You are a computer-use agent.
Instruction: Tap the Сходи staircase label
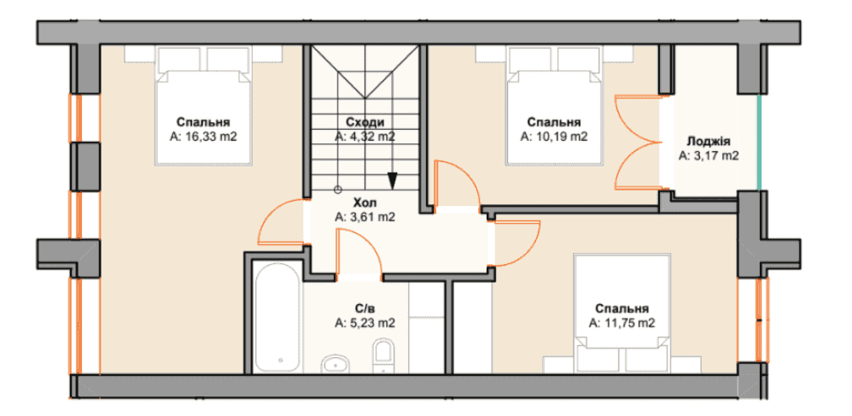365,122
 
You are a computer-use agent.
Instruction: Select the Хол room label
365,203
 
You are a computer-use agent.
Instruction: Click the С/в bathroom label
365,309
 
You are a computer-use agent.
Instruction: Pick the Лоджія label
709,142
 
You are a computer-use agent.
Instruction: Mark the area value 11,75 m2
621,323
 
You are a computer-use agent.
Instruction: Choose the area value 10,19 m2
554,136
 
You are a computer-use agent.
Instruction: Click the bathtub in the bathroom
277,317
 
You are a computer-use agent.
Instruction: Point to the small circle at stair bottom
337,190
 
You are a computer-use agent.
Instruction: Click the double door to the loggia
639,142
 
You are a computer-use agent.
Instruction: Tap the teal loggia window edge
759,143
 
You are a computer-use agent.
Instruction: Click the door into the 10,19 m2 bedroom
458,184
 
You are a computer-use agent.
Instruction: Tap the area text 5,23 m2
365,324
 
